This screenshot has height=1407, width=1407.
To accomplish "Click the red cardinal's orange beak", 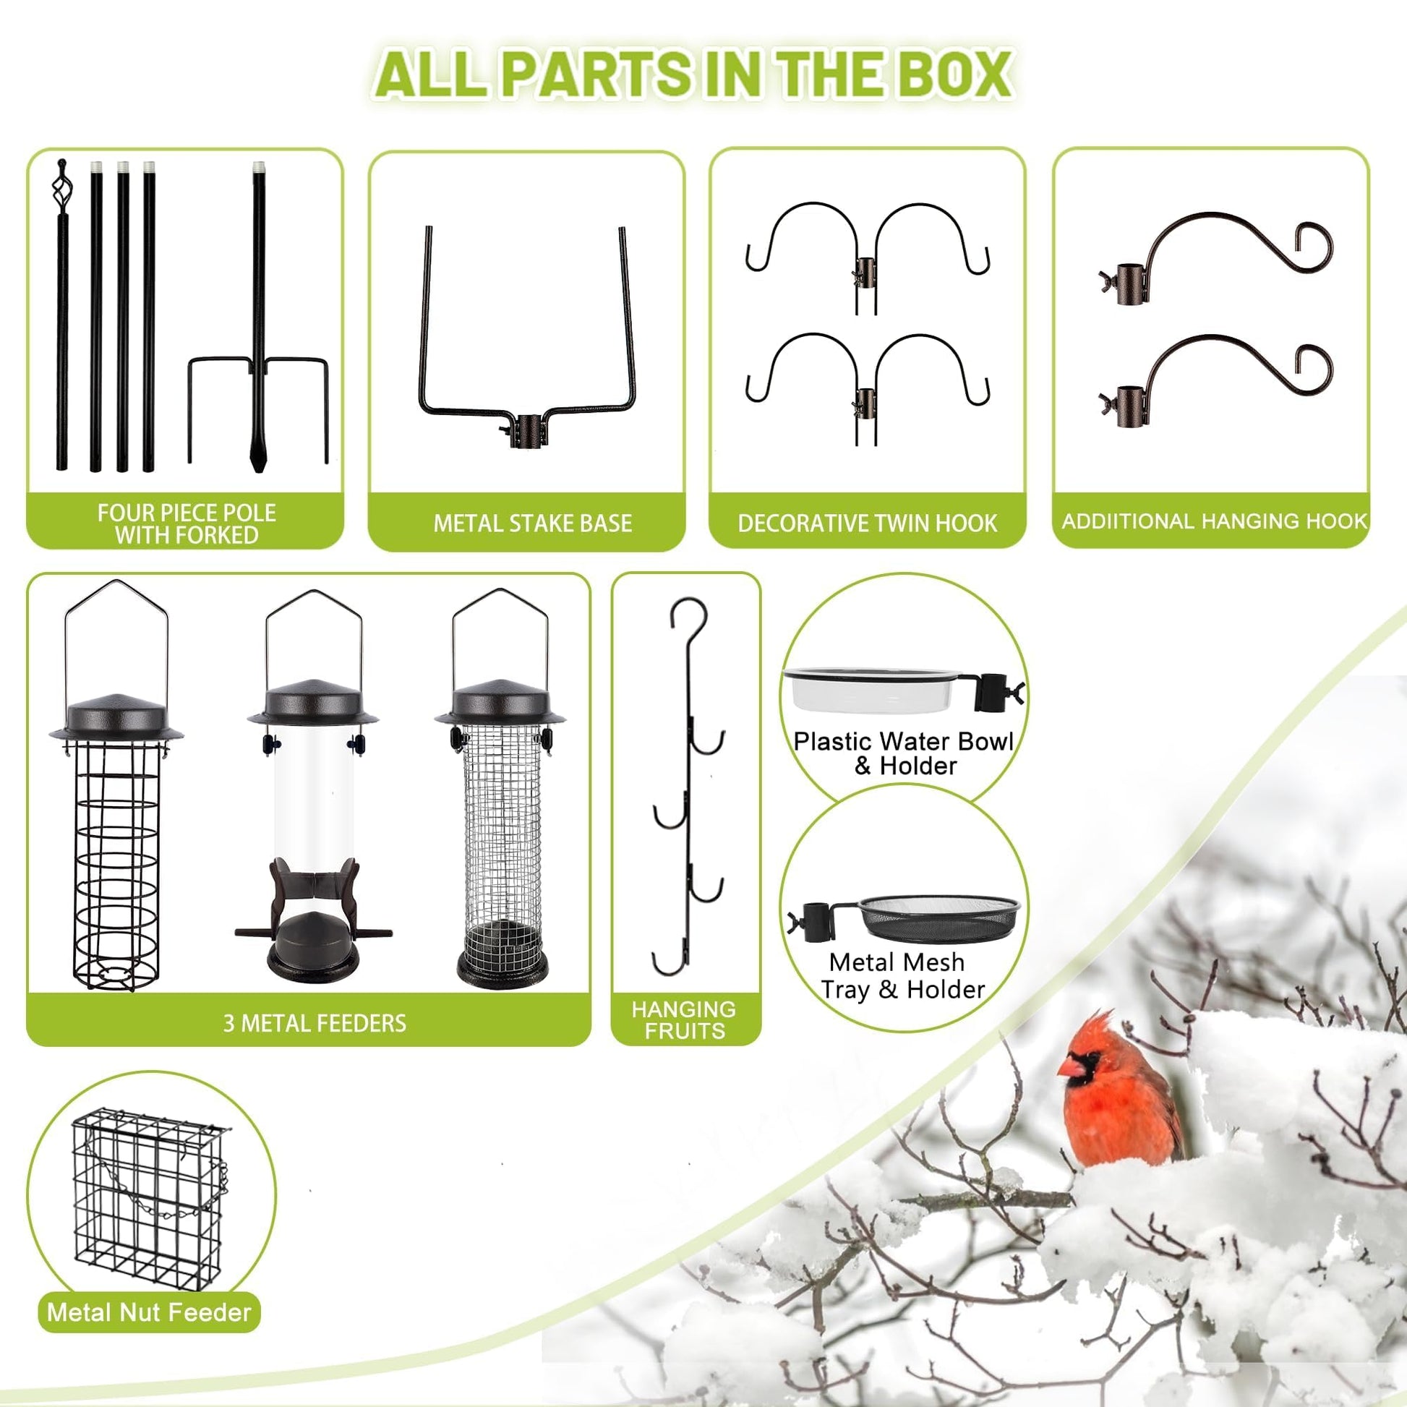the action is coord(1068,1068).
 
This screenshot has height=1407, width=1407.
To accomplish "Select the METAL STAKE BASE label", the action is coord(532,523).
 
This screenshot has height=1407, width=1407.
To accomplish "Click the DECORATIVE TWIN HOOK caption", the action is coord(867,523).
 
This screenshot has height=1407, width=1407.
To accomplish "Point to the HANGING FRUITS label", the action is coord(684,1019).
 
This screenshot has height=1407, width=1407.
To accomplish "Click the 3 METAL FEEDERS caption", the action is coord(315,1023).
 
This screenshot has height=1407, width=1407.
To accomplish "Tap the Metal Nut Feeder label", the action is coord(148,1312).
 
